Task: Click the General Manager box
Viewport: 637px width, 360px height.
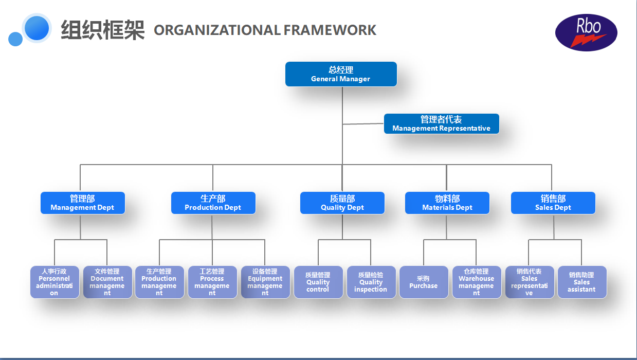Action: (341, 74)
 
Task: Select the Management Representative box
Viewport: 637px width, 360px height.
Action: (441, 123)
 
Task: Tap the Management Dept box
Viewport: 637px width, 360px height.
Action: (82, 203)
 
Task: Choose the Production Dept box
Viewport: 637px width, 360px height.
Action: (213, 203)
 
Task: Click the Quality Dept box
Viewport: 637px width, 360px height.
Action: (342, 203)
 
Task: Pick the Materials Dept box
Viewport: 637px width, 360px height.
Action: (447, 203)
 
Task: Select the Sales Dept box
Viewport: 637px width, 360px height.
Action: (553, 203)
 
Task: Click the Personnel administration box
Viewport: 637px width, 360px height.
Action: (54, 282)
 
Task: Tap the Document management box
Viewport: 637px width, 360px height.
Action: (107, 282)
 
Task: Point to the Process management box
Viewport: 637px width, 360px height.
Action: (212, 282)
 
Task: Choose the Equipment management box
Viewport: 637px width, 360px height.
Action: (265, 282)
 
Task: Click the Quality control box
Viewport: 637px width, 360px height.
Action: (318, 282)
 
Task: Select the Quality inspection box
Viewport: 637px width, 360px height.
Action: (371, 282)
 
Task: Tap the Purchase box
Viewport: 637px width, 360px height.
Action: (424, 282)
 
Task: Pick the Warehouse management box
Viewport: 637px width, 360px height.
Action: (477, 282)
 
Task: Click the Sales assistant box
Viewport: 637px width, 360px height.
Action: (582, 282)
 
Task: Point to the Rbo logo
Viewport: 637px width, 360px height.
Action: (586, 32)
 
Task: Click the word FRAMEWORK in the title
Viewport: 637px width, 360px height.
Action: (330, 30)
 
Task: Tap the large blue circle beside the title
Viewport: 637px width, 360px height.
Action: (37, 28)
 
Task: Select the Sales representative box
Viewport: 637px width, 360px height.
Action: (530, 282)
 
